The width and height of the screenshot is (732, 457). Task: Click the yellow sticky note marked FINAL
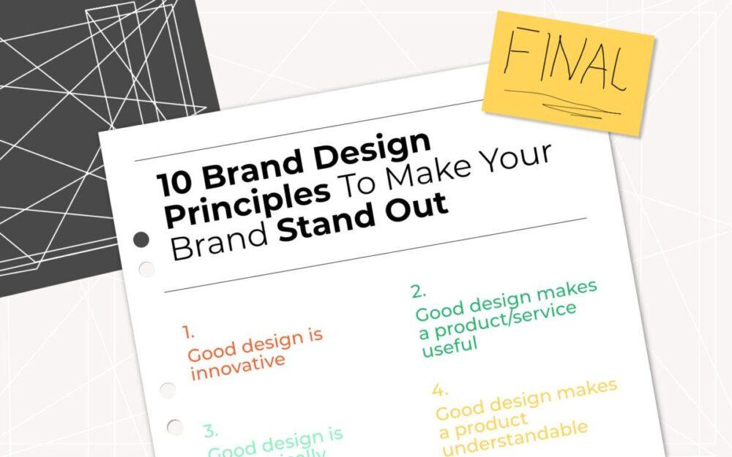pos(568,72)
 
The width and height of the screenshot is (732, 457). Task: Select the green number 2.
pos(418,291)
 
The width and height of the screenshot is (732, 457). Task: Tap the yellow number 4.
pos(440,389)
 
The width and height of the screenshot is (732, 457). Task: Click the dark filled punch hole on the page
pos(141,239)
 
